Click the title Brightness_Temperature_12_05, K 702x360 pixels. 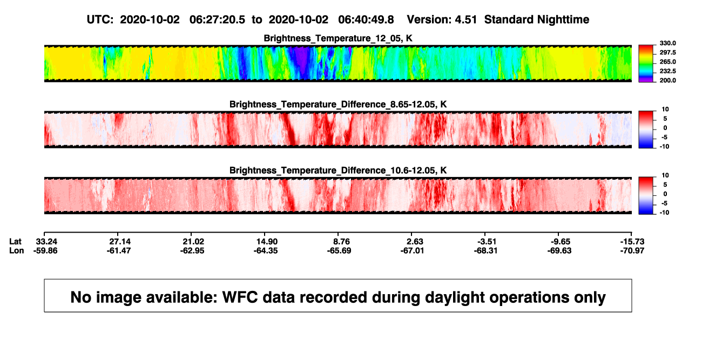pyautogui.click(x=338, y=38)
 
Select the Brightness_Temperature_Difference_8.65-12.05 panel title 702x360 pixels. pyautogui.click(x=338, y=104)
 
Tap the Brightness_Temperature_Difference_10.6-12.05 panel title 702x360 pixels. pyautogui.click(x=338, y=171)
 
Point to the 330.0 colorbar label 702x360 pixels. pyautogui.click(x=667, y=43)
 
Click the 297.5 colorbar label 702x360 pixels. pyautogui.click(x=667, y=52)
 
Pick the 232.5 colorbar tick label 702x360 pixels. pyautogui.click(x=667, y=71)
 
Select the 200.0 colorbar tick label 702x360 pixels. pyautogui.click(x=667, y=80)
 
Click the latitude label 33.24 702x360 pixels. pyautogui.click(x=46, y=242)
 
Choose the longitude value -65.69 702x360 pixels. pyautogui.click(x=339, y=250)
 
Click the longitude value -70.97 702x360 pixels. pyautogui.click(x=632, y=250)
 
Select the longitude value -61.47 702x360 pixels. pyautogui.click(x=119, y=250)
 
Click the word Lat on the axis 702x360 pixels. pyautogui.click(x=15, y=242)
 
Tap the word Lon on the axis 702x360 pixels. pyautogui.click(x=17, y=250)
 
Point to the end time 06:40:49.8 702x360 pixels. pyautogui.click(x=366, y=19)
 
